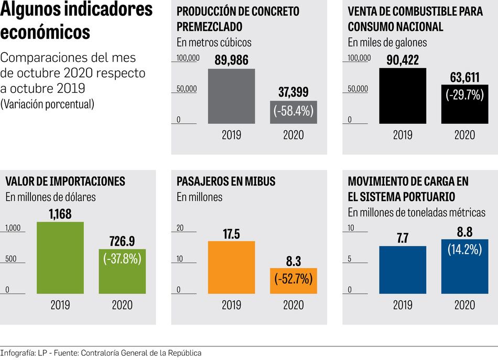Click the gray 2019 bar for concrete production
pos(231,96)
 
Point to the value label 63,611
pos(464,78)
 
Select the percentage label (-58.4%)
pos(294,111)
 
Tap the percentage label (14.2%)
pos(464,249)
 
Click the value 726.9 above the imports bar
pos(122,241)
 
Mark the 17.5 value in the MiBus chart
pos(231,234)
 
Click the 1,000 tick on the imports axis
pos(13,228)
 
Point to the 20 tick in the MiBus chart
pos(180,228)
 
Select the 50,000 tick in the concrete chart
pos(186,89)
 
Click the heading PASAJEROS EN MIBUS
pos(226,182)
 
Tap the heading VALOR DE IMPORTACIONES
pos(65,182)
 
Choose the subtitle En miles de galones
pos(387,42)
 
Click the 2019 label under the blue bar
pos(403,305)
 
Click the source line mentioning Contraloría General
pos(101,353)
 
